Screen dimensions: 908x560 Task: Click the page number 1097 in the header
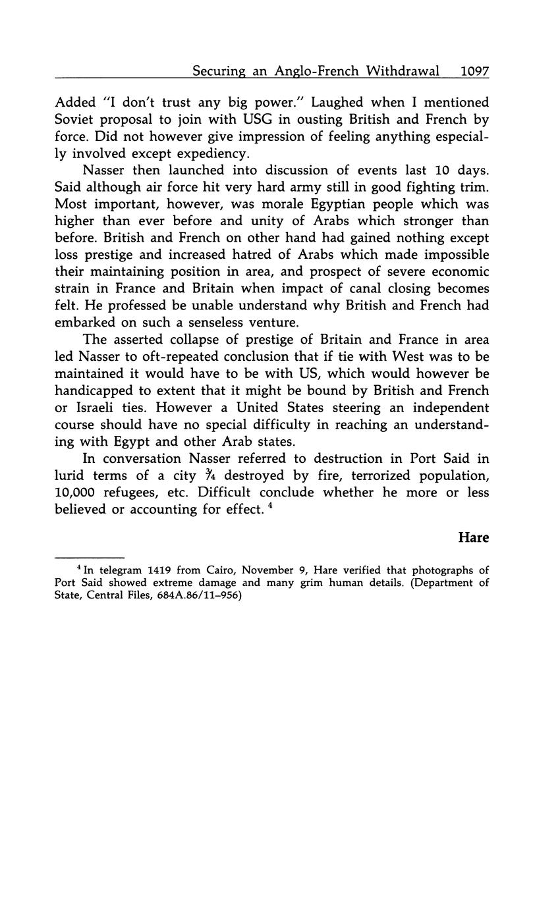474,71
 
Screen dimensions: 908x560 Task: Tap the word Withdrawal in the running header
403,71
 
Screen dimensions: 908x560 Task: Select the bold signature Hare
473,537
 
